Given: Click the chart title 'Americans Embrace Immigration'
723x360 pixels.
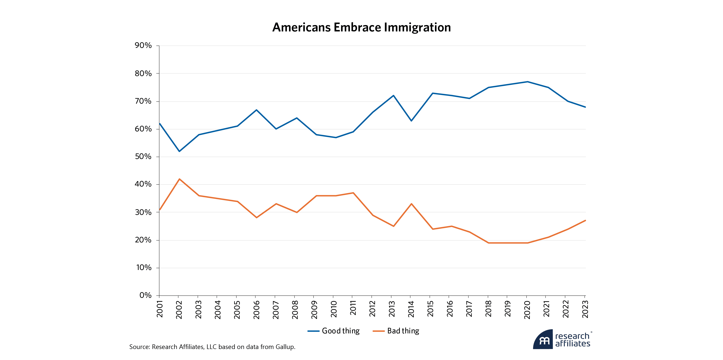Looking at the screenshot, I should [361, 28].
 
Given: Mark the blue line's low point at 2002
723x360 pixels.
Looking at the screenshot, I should [179, 151].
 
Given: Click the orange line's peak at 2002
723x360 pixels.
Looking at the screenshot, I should [179, 179].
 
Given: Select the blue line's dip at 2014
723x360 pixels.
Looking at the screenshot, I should [411, 121].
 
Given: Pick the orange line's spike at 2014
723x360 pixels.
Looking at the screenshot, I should [411, 204].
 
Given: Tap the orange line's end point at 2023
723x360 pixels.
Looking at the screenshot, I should [585, 221].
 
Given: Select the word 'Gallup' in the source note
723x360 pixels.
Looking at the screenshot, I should [285, 347].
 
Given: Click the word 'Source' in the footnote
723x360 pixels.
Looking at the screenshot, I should [139, 347].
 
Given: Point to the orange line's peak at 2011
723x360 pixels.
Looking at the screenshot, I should [353, 193].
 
